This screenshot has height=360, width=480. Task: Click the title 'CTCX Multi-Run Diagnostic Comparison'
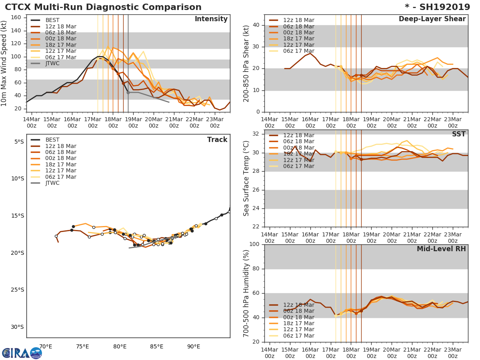point(103,7)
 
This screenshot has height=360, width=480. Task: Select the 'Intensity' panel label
point(211,19)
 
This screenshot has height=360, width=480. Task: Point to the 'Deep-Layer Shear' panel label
point(432,19)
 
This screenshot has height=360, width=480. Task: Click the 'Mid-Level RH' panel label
point(441,249)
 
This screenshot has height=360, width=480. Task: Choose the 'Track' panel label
point(217,140)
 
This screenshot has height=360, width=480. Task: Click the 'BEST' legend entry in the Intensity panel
point(52,20)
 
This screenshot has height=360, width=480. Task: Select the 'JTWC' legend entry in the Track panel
point(52,183)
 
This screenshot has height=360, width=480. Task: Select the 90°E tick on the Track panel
point(194,346)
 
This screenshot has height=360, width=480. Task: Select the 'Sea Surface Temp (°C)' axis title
point(246,178)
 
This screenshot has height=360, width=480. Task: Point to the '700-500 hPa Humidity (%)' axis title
point(246,293)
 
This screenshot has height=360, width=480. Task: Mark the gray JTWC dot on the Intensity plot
point(128,92)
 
